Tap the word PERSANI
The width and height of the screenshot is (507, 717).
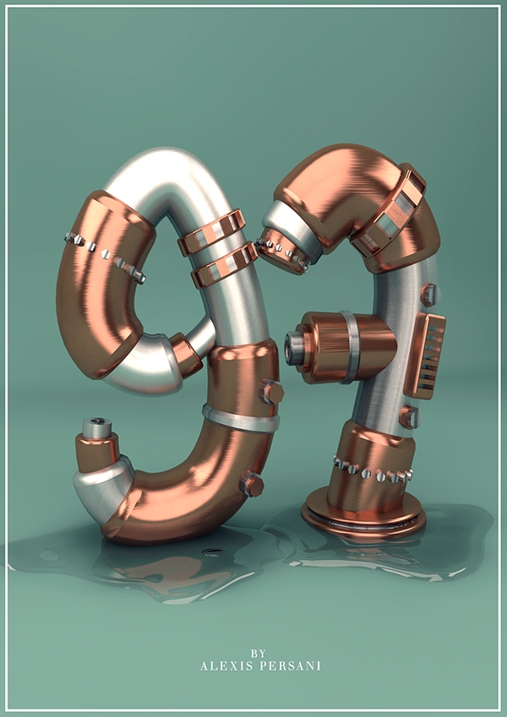pos(290,665)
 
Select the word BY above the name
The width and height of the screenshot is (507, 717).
pos(258,654)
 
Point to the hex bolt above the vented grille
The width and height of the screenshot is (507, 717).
pos(429,294)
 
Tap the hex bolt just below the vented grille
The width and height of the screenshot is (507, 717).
pos(409,417)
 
